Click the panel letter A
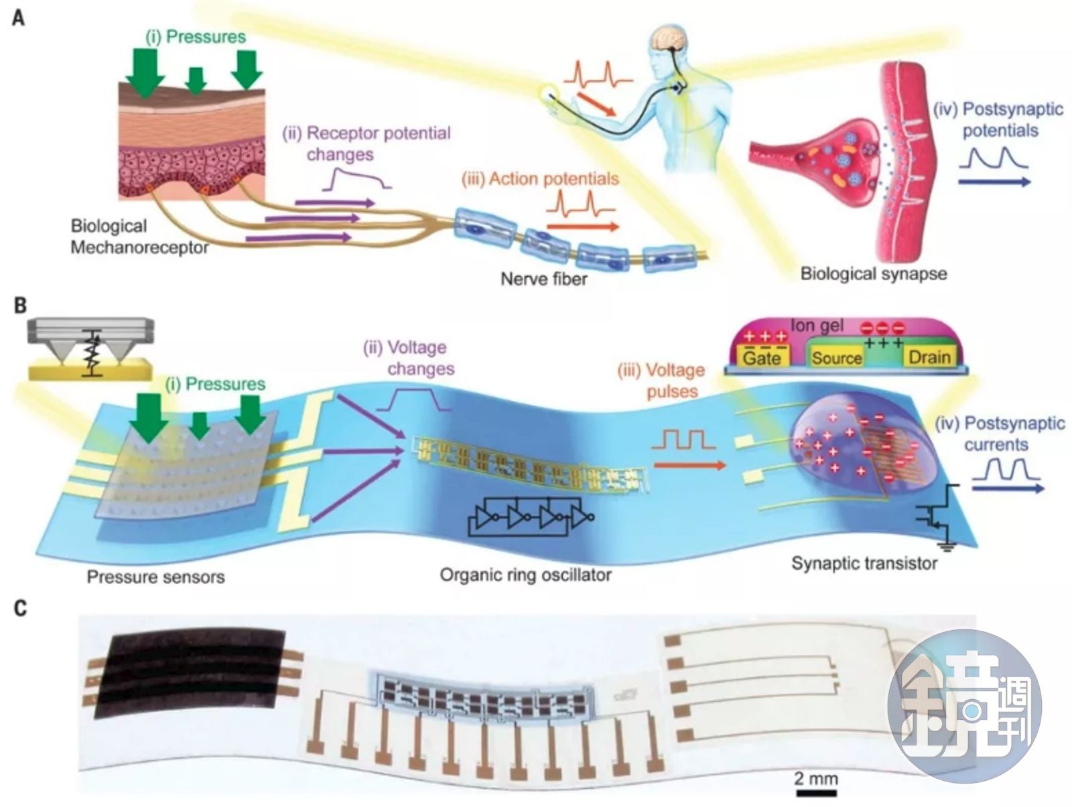19,17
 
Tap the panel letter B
20,306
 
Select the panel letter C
20,608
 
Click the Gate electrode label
762,357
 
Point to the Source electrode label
836,358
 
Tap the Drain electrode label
929,357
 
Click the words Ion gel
817,326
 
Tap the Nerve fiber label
543,278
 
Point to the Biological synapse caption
874,273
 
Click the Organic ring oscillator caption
525,574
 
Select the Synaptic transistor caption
864,563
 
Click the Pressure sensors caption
155,576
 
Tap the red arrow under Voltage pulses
689,464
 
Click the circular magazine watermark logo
964,706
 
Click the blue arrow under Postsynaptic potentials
994,182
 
